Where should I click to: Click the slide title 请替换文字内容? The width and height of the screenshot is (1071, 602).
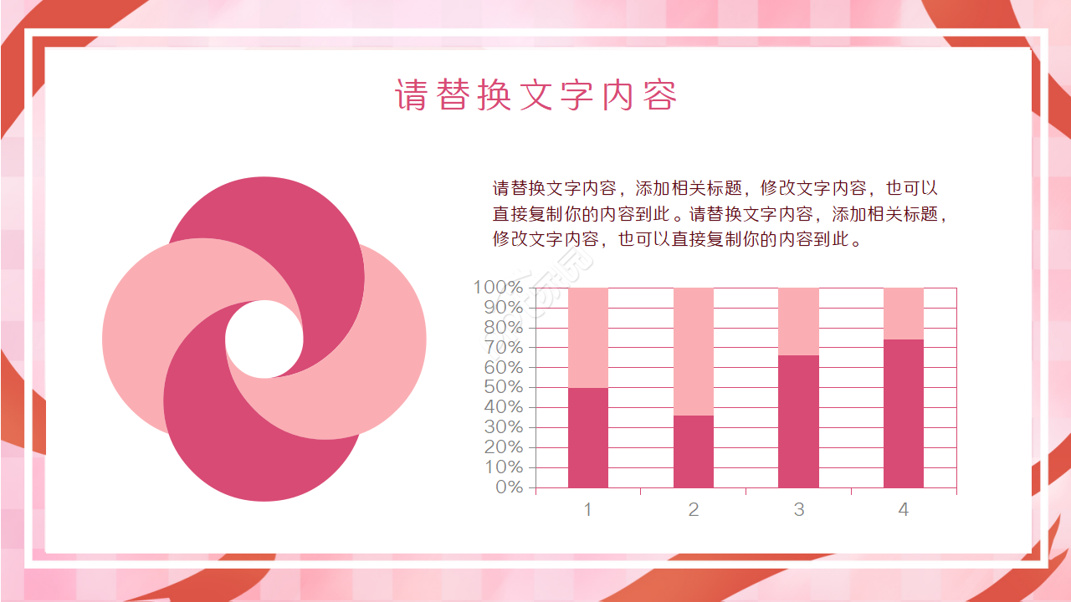coord(535,95)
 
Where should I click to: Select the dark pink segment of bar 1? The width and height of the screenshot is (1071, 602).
coord(588,437)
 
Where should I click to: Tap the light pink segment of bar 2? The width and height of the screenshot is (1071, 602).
coord(694,351)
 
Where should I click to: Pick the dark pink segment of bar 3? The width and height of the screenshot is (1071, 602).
coord(798,421)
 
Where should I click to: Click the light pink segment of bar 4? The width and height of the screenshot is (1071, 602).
coord(904,314)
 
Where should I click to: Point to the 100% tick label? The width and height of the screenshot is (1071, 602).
coord(499,288)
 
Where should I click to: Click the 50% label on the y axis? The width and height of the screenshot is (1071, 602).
coord(503,387)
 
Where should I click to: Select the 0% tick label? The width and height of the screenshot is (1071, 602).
coord(509,487)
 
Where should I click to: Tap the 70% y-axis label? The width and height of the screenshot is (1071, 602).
coord(503,347)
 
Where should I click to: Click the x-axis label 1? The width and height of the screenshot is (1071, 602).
coord(588,509)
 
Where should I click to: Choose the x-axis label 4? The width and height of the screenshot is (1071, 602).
coord(904,509)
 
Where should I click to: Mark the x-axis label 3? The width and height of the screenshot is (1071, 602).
coord(798,509)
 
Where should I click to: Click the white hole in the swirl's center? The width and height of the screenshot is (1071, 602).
coord(264,339)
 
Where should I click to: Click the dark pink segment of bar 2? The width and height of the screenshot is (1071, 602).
coord(694,451)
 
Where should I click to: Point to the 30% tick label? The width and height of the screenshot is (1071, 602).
coord(503,426)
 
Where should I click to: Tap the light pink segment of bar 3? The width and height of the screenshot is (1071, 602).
coord(798,321)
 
